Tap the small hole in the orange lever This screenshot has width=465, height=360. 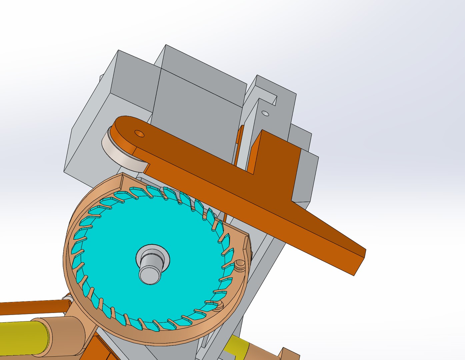[139, 134]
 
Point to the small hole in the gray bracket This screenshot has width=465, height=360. [265, 113]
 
